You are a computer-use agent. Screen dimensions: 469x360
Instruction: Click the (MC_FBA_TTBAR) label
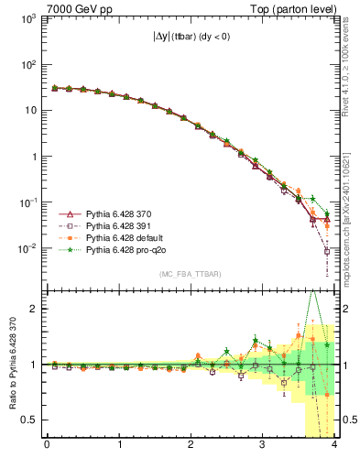pyautogui.click(x=189, y=275)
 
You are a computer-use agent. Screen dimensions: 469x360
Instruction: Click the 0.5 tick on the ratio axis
pyautogui.click(x=29, y=420)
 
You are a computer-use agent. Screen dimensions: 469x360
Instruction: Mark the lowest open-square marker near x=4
pyautogui.click(x=328, y=251)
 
